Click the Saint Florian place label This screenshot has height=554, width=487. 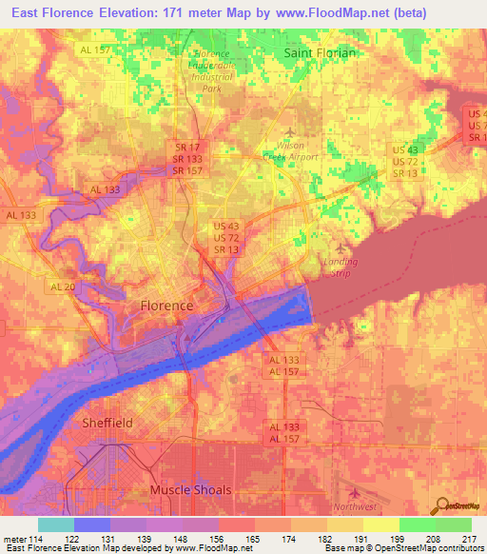click(321, 53)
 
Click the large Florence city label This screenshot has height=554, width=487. click(166, 306)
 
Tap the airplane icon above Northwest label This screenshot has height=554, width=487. click(357, 493)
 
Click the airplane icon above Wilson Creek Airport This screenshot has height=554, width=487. click(290, 131)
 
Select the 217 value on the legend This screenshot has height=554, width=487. click(467, 539)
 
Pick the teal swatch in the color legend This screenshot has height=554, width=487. click(56, 524)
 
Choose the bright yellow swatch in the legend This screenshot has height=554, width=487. click(380, 524)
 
